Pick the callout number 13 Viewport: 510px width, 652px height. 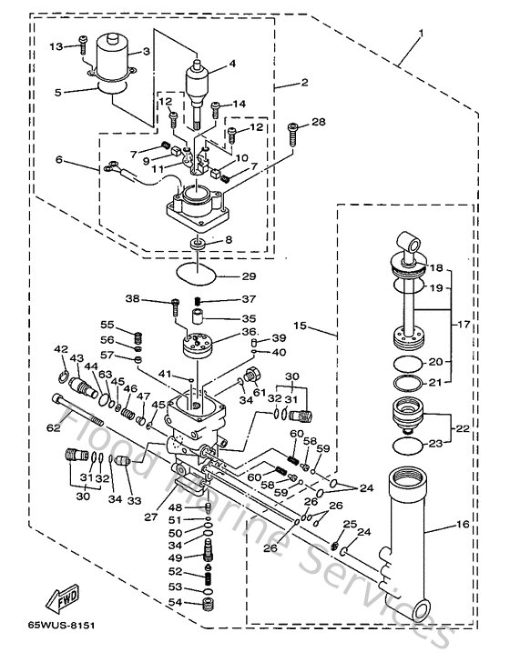click(x=54, y=45)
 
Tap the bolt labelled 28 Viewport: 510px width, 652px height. click(x=291, y=135)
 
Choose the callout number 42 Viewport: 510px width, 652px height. click(x=61, y=348)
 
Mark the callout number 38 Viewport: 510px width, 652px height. click(x=157, y=299)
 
